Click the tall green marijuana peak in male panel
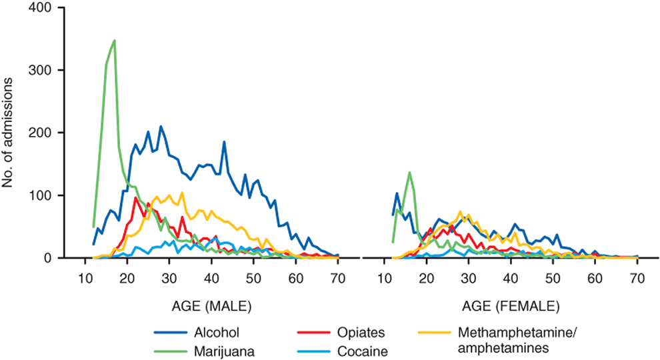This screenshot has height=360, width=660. click(x=114, y=41)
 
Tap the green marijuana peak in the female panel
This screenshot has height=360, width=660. click(x=409, y=173)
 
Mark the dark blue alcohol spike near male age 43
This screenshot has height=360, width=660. click(x=224, y=142)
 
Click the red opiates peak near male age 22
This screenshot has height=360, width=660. click(x=135, y=198)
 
